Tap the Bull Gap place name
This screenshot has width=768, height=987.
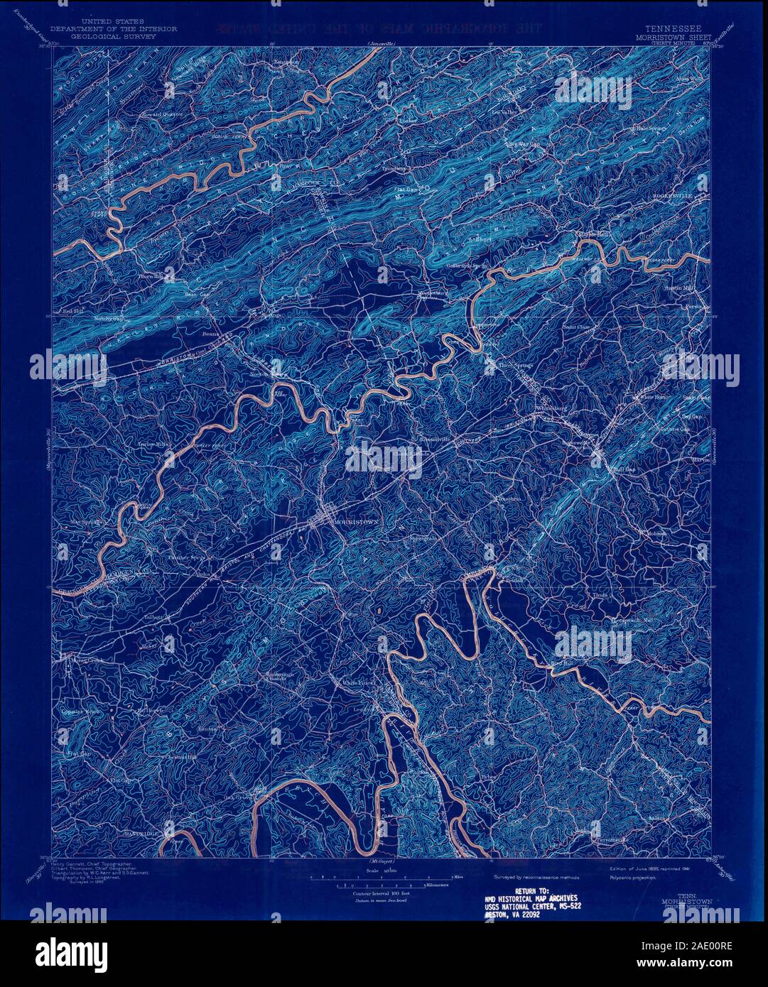pyautogui.click(x=622, y=469)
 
